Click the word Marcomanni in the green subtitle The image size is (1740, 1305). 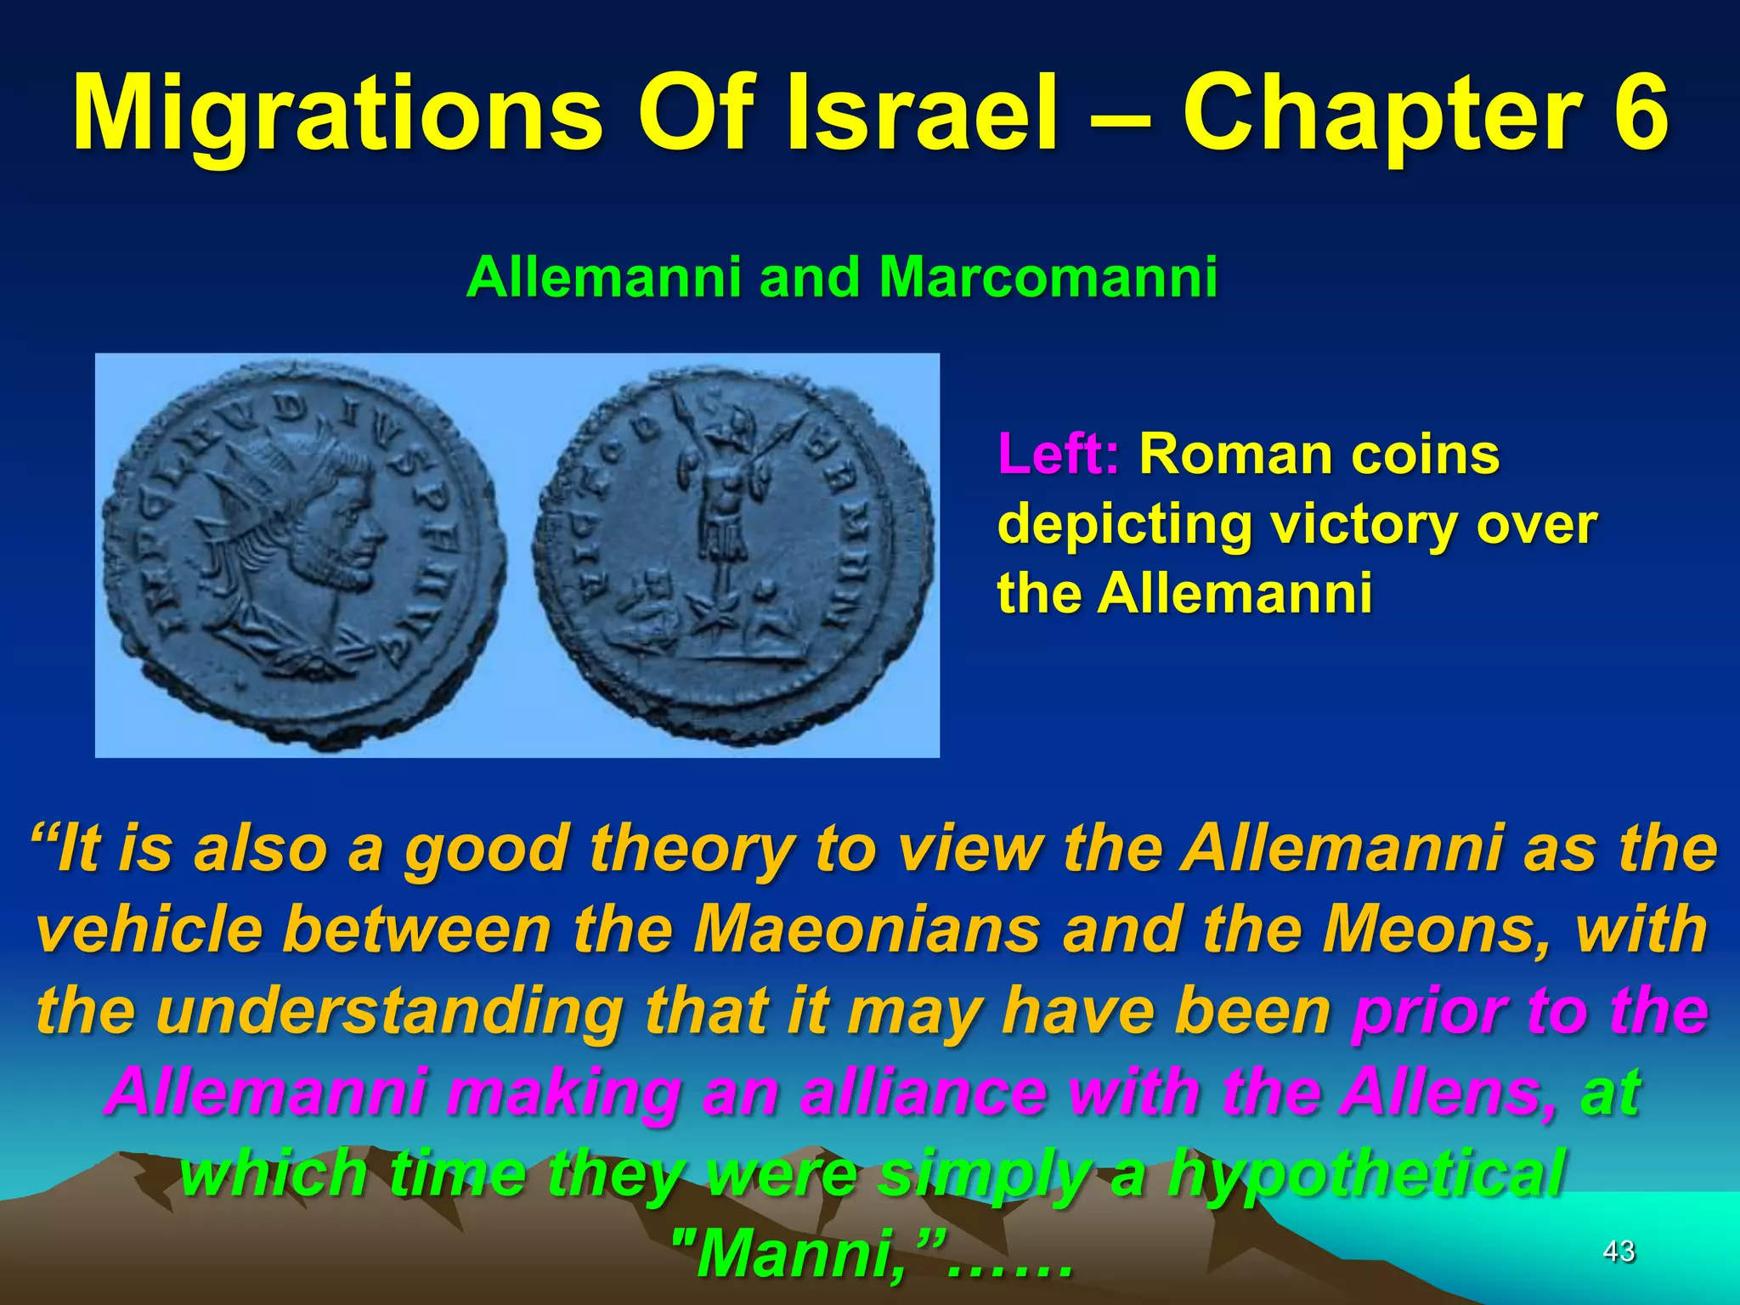1048,277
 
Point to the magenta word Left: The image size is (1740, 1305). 1059,455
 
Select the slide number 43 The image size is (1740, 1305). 1619,1251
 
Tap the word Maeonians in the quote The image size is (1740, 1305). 866,929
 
